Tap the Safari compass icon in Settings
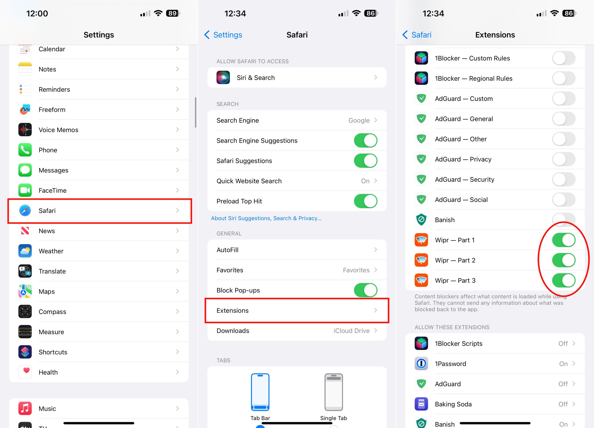(x=25, y=211)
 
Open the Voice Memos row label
(x=58, y=130)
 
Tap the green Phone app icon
(x=25, y=150)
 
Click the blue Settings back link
(x=223, y=35)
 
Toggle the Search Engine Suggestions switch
(x=365, y=140)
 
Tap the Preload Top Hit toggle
(x=365, y=201)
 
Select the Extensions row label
(x=232, y=311)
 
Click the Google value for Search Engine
(x=359, y=120)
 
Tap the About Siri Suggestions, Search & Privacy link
(x=266, y=218)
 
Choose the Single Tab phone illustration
(x=333, y=392)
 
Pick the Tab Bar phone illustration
(x=260, y=392)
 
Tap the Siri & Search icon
(x=223, y=77)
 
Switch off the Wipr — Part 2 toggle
(x=564, y=260)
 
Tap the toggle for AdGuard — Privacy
(x=564, y=159)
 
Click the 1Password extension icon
(x=421, y=364)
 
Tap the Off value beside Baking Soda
(x=563, y=404)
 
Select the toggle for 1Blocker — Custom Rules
(x=564, y=58)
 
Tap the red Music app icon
(x=25, y=408)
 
